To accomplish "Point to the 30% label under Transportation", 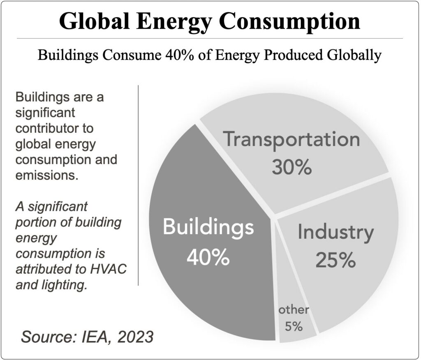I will click(x=291, y=168).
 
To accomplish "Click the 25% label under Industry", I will click(x=335, y=260).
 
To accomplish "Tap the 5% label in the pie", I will click(x=294, y=327).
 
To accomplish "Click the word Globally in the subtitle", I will click(x=352, y=55).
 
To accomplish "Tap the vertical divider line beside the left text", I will click(x=139, y=185).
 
